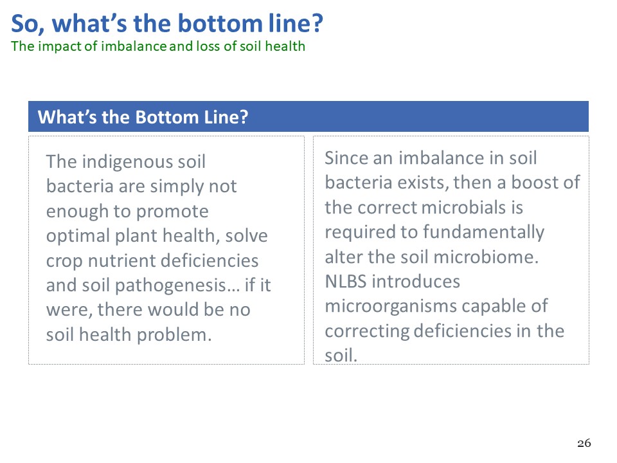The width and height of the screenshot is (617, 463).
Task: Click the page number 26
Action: click(x=584, y=443)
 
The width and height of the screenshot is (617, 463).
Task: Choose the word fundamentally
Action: click(x=483, y=233)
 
